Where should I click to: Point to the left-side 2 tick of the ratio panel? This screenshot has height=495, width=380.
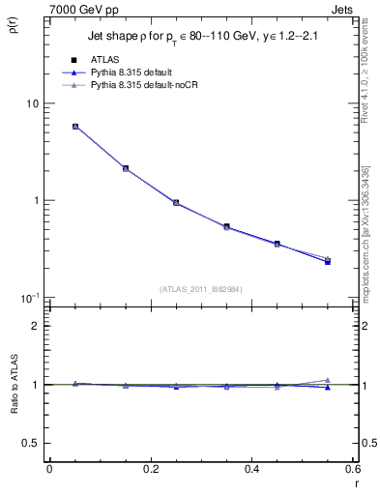[36, 326]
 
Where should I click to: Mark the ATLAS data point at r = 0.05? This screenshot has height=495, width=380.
[75, 127]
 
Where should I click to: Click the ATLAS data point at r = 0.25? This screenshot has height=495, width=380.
[176, 203]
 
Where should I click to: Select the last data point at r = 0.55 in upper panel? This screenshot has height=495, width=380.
[328, 261]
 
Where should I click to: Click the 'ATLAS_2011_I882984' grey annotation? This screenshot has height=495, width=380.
[200, 288]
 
